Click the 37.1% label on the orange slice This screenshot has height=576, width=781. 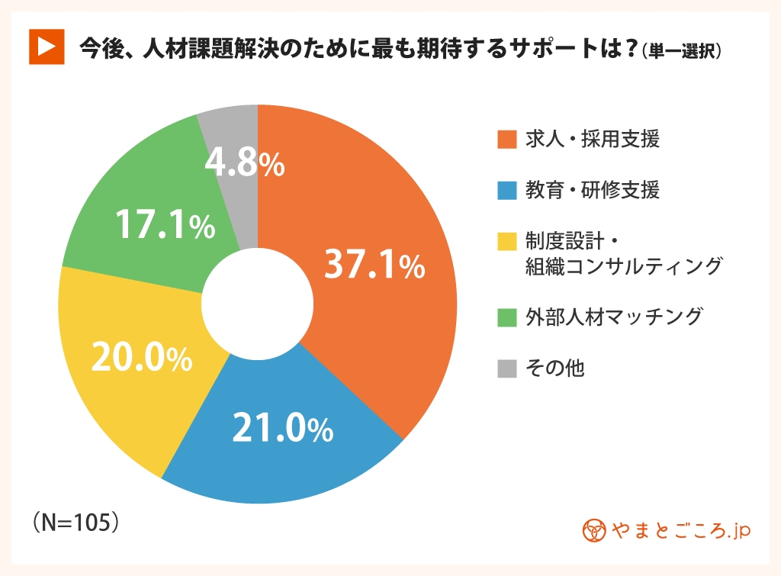click(x=374, y=265)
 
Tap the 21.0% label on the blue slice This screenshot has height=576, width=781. click(x=282, y=430)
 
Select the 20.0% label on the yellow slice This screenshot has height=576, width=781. click(x=141, y=359)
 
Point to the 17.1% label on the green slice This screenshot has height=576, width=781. click(x=164, y=226)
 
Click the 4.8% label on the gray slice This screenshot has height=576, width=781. click(x=245, y=164)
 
